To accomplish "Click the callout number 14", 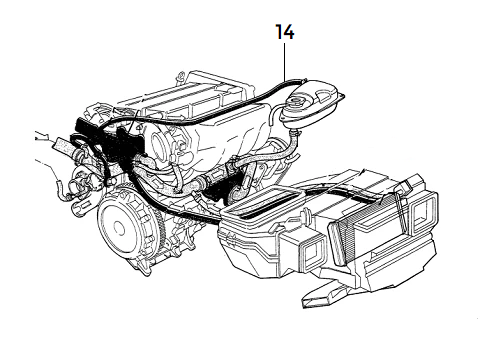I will click(x=286, y=33).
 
